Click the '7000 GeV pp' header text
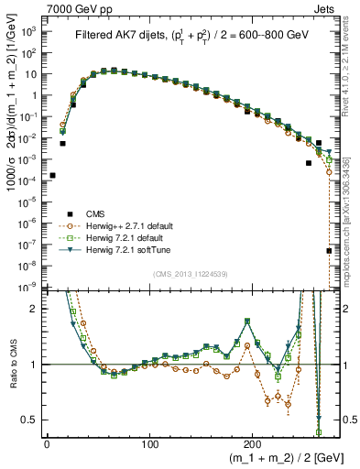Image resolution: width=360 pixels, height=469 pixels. coord(75,7)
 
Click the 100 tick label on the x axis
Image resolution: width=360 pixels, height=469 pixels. coord(150,443)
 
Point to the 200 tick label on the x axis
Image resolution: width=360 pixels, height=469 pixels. coord(254,443)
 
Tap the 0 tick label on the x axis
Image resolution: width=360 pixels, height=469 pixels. coord(47,443)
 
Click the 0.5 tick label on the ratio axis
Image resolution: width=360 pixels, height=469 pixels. coord(29,420)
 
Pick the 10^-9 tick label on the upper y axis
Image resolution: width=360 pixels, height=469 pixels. coord(27,288)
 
